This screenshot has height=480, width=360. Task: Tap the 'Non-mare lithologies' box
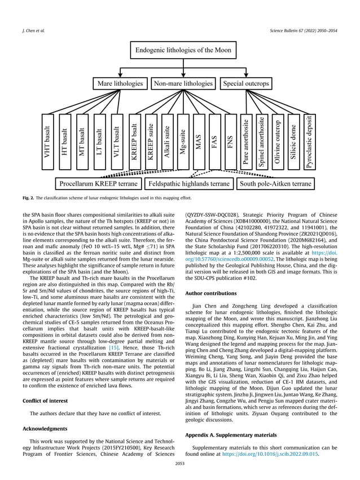[x=183, y=83]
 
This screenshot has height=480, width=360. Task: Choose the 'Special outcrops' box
[x=245, y=83]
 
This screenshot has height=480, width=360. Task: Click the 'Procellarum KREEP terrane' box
[x=98, y=184]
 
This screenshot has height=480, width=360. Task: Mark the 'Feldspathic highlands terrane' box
[x=188, y=184]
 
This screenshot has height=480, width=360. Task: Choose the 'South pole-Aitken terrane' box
[x=275, y=184]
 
